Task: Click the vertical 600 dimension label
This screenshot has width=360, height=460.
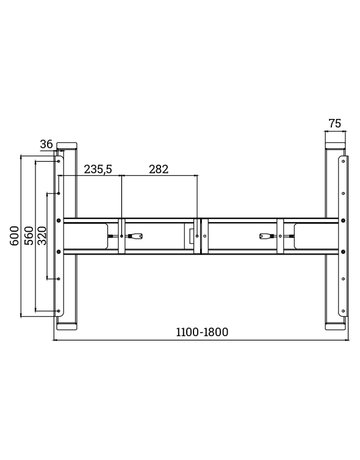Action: coord(12,237)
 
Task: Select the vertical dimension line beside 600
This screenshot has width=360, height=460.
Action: coord(21,237)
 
